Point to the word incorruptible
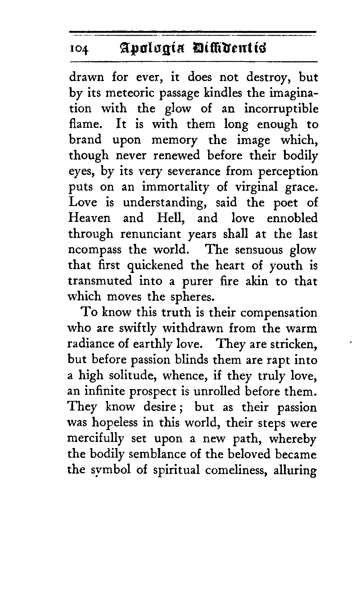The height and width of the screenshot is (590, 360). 281,109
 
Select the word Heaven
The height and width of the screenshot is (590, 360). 89,218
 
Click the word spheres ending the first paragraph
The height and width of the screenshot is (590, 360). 192,296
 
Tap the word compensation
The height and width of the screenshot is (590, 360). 278,312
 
